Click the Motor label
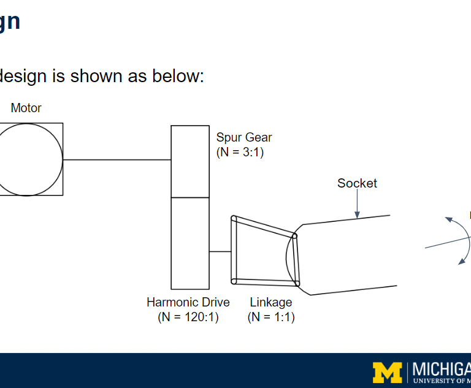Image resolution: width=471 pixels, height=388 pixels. [x=26, y=108]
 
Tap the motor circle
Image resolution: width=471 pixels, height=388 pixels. [x=27, y=159]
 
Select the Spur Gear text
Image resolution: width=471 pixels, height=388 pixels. [x=244, y=137]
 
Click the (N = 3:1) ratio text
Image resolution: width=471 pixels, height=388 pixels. [x=240, y=152]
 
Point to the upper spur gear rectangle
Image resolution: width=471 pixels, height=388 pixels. [x=190, y=161]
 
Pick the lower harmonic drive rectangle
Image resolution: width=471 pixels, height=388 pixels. [x=190, y=243]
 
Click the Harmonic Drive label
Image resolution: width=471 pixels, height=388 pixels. [x=188, y=302]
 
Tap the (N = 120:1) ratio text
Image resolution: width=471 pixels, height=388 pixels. [x=188, y=317]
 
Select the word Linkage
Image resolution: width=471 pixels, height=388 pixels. [x=271, y=302]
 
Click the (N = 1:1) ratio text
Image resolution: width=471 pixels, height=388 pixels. [x=271, y=317]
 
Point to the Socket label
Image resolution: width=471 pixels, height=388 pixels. [x=357, y=183]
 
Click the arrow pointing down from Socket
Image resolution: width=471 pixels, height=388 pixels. [x=357, y=205]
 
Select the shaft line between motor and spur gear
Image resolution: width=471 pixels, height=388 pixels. [x=117, y=160]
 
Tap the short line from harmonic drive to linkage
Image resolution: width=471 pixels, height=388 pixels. [x=220, y=251]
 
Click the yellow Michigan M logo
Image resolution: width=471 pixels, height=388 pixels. [x=387, y=372]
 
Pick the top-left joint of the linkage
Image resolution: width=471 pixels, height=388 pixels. [x=234, y=218]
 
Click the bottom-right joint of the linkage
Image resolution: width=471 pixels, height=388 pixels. [x=297, y=283]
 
